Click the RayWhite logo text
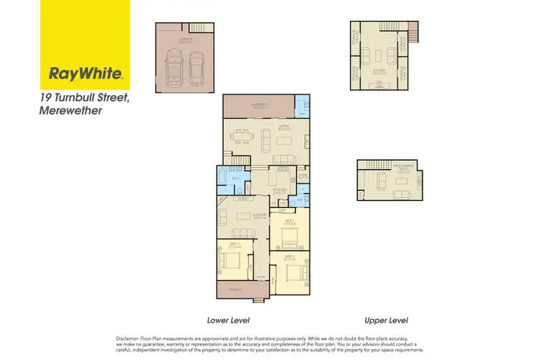(x=86, y=73)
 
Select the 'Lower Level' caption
(x=228, y=319)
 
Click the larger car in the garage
(x=174, y=66)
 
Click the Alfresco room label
(x=259, y=105)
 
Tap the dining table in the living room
(x=240, y=136)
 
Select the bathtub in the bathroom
(x=221, y=179)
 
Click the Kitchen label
(x=280, y=189)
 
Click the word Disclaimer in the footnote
(x=129, y=338)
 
